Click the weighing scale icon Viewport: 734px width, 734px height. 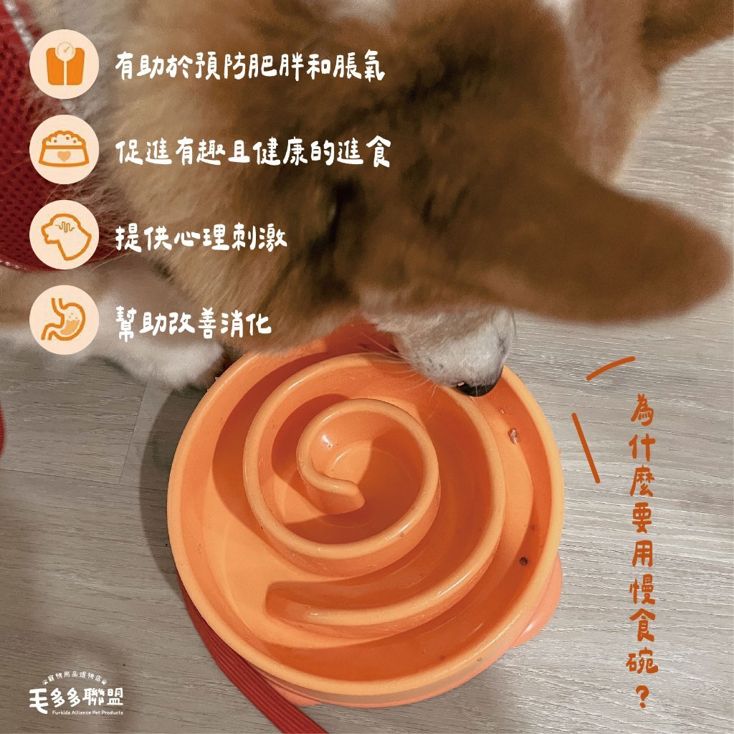tap(64, 64)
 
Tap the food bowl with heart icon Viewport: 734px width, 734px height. tap(64, 149)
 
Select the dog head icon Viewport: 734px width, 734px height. tap(65, 235)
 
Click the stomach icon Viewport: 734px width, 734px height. tap(64, 320)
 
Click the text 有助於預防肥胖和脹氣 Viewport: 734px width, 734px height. tap(250, 67)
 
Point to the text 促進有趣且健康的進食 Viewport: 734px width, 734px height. tap(253, 151)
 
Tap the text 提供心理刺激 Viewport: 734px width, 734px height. tap(201, 237)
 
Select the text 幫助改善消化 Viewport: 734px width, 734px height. tap(194, 323)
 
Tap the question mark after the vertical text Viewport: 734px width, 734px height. tap(643, 696)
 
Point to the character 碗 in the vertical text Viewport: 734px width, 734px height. tap(642, 660)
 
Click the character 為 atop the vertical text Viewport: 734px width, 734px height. tap(642, 408)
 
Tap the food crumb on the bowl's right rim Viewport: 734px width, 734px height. tap(514, 436)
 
